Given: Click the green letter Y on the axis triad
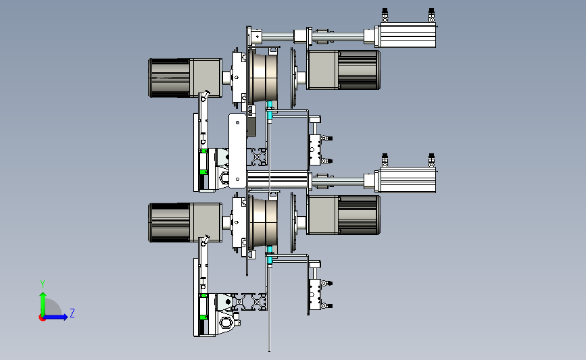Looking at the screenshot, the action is pyautogui.click(x=43, y=284).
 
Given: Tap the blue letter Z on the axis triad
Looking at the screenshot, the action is pyautogui.click(x=72, y=313).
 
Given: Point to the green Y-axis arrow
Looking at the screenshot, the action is pyautogui.click(x=43, y=305).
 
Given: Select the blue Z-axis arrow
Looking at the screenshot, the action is pyautogui.click(x=55, y=317).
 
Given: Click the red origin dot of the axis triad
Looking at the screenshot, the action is pyautogui.click(x=42, y=317).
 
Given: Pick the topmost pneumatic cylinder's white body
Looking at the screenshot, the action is pyautogui.click(x=408, y=35).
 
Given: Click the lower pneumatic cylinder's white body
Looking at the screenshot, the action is pyautogui.click(x=408, y=180).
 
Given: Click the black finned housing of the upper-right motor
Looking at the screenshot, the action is pyautogui.click(x=359, y=70).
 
